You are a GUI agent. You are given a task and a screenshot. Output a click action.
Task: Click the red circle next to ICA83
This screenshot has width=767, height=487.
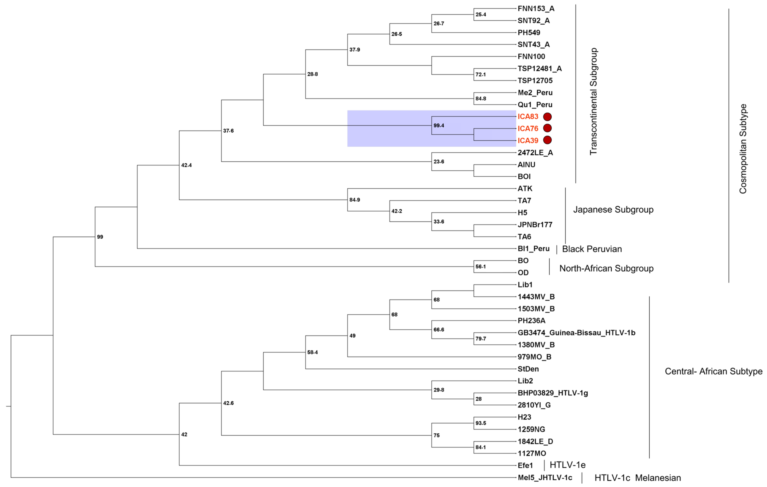pyautogui.click(x=547, y=117)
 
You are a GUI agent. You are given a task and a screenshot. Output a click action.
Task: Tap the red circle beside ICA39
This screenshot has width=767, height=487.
pyautogui.click(x=547, y=140)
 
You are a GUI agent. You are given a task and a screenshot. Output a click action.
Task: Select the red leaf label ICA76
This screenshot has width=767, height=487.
pyautogui.click(x=528, y=129)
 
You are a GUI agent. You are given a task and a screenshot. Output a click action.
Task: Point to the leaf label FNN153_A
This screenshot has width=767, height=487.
pyautogui.click(x=536, y=9)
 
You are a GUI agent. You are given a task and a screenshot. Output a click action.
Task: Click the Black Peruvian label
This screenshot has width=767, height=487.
pyautogui.click(x=592, y=249)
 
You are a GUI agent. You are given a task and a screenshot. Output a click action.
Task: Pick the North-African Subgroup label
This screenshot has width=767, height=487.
pyautogui.click(x=606, y=268)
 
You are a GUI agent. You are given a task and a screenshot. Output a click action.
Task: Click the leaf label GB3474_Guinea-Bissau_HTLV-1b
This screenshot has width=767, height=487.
pyautogui.click(x=576, y=333)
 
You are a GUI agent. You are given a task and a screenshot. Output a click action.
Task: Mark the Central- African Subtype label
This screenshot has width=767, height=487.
pyautogui.click(x=713, y=371)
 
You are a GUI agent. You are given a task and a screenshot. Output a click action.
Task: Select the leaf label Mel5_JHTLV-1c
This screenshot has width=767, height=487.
pyautogui.click(x=545, y=478)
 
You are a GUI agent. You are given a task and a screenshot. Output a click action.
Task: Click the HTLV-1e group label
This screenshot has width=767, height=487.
pyautogui.click(x=568, y=465)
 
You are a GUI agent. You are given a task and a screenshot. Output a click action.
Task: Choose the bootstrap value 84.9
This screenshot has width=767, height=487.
pyautogui.click(x=355, y=200)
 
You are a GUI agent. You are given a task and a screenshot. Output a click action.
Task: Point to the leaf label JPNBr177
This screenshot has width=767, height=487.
pyautogui.click(x=535, y=225)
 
